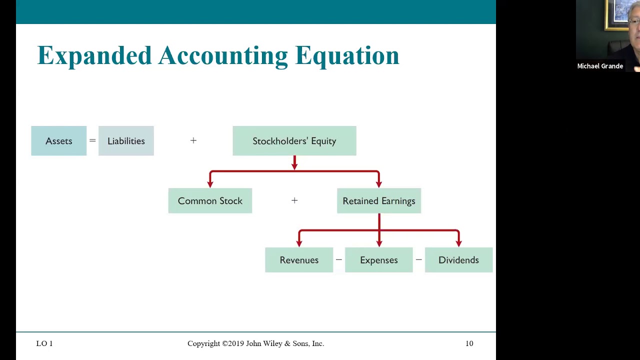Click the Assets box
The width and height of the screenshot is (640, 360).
pos(59,141)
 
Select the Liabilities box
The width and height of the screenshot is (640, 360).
pos(126,141)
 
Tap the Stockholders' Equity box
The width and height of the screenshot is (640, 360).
pos(294,141)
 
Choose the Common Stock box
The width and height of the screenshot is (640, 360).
pos(210,201)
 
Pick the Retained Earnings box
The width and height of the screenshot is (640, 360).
pos(378,201)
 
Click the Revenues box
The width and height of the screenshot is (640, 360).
pos(299,260)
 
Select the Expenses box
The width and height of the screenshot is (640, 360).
pos(378,260)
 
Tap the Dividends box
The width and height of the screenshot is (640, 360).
pos(458,260)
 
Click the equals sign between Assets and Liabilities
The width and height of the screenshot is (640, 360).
pos(92,141)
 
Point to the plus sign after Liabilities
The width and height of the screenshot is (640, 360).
pos(193,141)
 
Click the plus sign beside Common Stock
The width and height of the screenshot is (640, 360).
pos(294,200)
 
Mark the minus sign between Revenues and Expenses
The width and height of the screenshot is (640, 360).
pos(339,260)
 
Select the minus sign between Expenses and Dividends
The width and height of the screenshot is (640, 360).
pos(418,260)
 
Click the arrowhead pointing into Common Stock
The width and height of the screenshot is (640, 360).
pos(210,184)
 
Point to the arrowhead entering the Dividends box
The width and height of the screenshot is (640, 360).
pos(458,243)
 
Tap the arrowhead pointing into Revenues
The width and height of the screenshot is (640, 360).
pos(299,243)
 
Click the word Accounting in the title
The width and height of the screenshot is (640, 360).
pos(223,56)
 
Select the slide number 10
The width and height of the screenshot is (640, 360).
pos(469,343)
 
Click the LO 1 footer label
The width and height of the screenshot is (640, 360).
pos(44,343)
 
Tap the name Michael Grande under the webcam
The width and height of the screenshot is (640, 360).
pos(600,66)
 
